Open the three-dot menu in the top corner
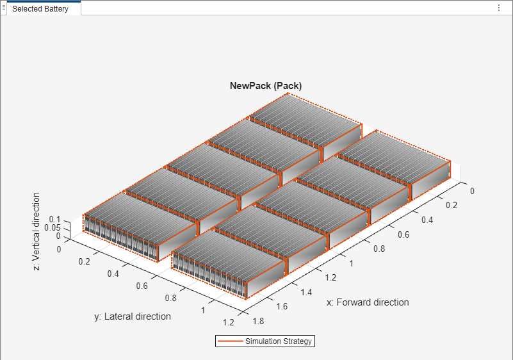pyautogui.click(x=499, y=8)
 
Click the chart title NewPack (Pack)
pyautogui.click(x=266, y=86)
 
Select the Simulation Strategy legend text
pyautogui.click(x=278, y=341)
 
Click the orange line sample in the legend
pyautogui.click(x=231, y=341)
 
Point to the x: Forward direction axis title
pyautogui.click(x=367, y=302)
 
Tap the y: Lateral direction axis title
pyautogui.click(x=133, y=316)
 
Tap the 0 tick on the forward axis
pyautogui.click(x=472, y=191)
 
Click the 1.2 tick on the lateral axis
pyautogui.click(x=229, y=322)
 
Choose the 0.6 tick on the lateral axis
pyautogui.click(x=142, y=286)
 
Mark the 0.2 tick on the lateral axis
pyautogui.click(x=85, y=261)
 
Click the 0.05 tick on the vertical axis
pyautogui.click(x=53, y=227)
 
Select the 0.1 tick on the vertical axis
pyautogui.click(x=55, y=219)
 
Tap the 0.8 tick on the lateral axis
pyautogui.click(x=171, y=298)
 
